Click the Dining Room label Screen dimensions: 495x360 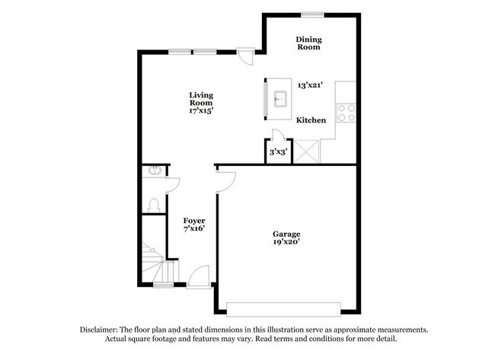308,43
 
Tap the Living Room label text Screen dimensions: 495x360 201,99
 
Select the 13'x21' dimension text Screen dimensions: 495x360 310,85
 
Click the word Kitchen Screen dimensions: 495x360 311,120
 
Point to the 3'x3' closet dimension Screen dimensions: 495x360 278,152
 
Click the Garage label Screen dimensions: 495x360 286,234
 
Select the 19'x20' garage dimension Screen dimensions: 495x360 286,242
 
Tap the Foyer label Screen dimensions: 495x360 194,221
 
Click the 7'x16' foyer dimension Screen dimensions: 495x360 194,228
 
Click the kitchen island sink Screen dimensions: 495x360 280,99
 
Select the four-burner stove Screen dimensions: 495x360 346,113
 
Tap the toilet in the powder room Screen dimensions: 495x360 154,205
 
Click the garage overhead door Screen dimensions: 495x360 283,310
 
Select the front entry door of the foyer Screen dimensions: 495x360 199,277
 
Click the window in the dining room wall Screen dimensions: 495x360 312,14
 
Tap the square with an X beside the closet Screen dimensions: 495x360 306,151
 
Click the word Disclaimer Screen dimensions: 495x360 99,330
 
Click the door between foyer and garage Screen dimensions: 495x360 225,182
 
